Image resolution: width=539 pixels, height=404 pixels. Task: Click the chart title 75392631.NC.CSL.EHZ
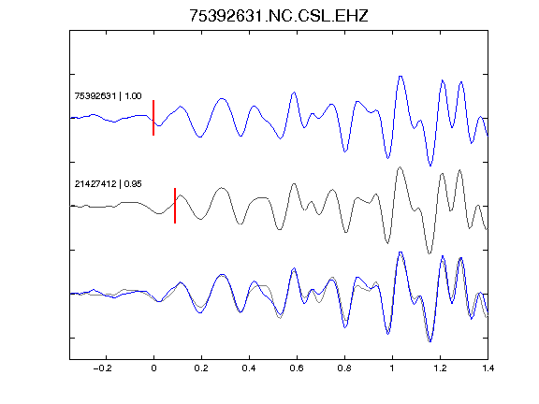[279, 16]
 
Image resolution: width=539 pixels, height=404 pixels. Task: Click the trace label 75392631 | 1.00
[108, 95]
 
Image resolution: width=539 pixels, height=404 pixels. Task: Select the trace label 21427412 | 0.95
[108, 184]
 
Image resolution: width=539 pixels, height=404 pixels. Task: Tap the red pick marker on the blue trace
[153, 118]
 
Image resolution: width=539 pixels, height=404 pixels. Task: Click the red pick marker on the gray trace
[175, 206]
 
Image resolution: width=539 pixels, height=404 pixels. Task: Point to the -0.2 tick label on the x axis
[103, 368]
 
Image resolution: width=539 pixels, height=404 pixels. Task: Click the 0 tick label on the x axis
[153, 368]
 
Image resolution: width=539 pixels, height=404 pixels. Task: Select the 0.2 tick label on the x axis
[201, 368]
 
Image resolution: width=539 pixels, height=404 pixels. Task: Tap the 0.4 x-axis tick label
[249, 368]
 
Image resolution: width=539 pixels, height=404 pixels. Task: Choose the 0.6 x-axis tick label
[297, 368]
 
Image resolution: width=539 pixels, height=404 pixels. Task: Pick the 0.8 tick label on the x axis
[344, 368]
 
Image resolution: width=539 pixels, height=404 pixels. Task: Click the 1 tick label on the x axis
[392, 368]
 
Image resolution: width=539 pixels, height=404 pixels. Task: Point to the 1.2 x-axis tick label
[440, 368]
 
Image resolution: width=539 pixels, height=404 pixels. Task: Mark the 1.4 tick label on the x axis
[488, 368]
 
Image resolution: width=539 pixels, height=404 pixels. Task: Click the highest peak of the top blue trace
[401, 77]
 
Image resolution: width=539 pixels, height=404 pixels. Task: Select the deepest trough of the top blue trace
[430, 166]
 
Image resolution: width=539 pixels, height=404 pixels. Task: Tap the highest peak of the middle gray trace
[400, 167]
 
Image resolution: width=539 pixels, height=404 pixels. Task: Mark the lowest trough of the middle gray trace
[429, 253]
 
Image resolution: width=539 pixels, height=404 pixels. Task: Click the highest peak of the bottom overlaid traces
[401, 252]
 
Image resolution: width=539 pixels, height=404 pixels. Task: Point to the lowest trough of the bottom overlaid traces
[430, 341]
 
